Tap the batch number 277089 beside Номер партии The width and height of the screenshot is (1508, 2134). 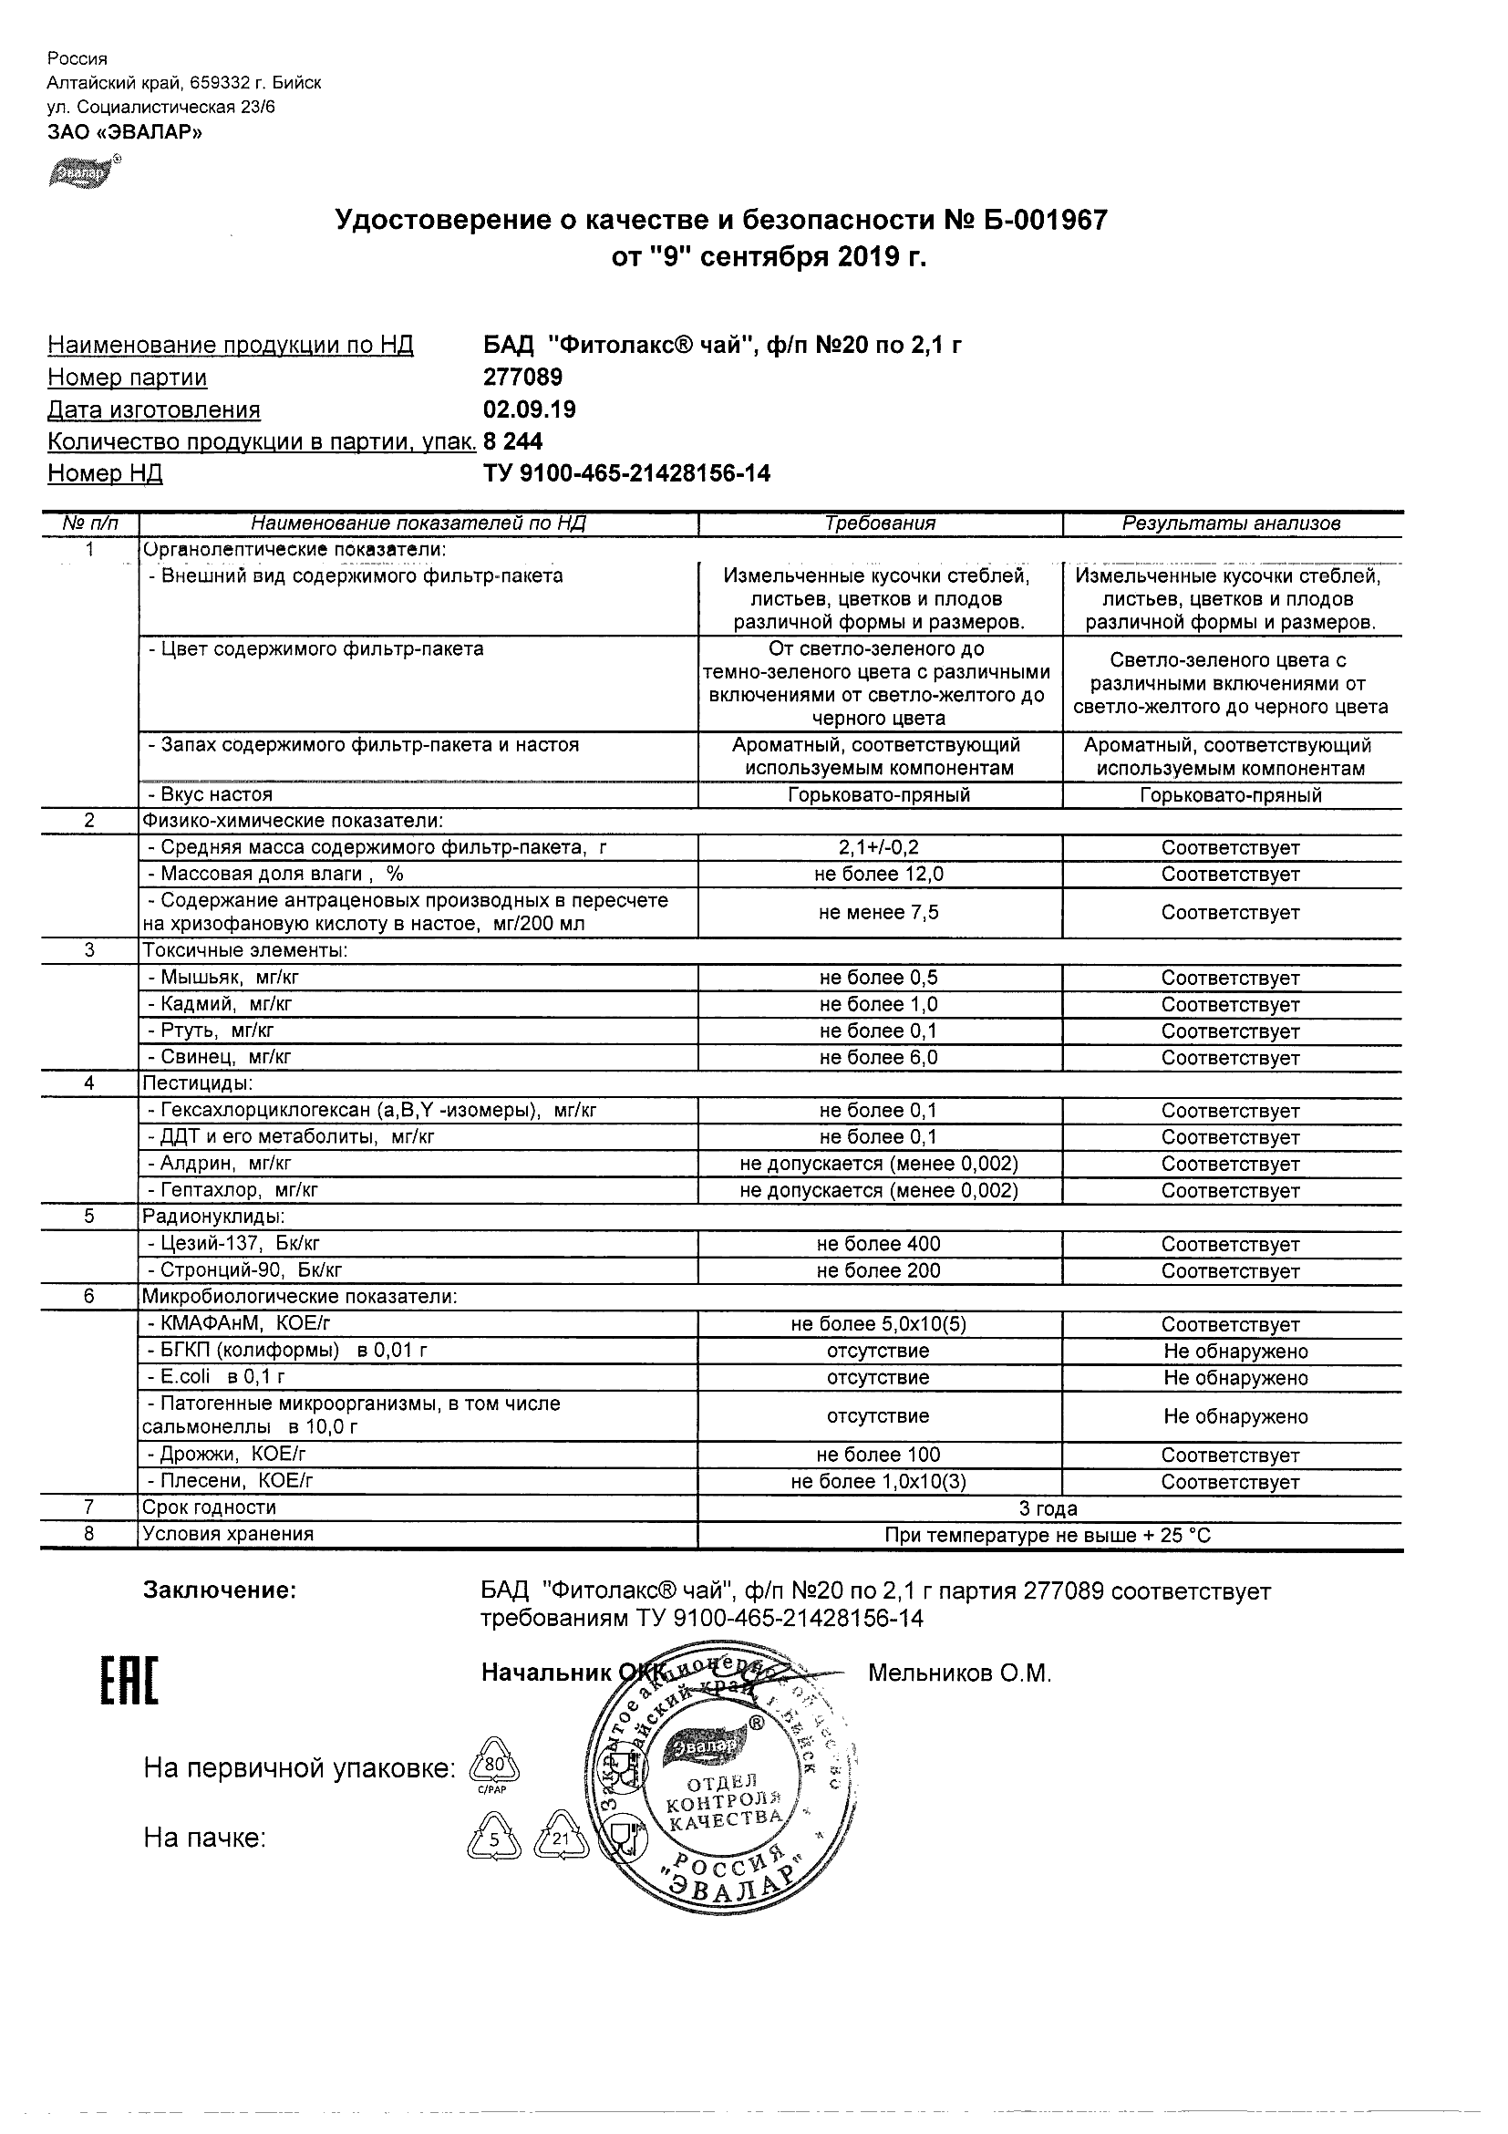522,378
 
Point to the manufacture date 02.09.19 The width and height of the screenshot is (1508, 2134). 529,409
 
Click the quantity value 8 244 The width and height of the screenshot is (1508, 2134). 513,441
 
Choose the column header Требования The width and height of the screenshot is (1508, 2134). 879,523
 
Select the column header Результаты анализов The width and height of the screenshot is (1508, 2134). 1230,523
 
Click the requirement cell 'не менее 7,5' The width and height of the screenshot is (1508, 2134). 878,913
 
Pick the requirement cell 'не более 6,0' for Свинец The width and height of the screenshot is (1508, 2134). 878,1058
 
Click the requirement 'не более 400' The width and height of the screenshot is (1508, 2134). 878,1244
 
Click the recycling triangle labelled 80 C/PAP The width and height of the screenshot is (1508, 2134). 495,1766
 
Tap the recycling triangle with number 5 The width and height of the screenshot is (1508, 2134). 494,1839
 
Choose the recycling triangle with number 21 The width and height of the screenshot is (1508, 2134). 561,1839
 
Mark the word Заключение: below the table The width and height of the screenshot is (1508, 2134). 220,1590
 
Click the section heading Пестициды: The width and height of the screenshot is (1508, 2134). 197,1083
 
